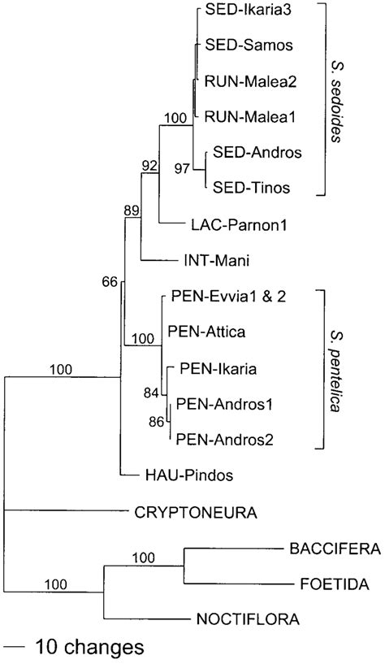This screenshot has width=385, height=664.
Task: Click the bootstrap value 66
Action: coord(110,283)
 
